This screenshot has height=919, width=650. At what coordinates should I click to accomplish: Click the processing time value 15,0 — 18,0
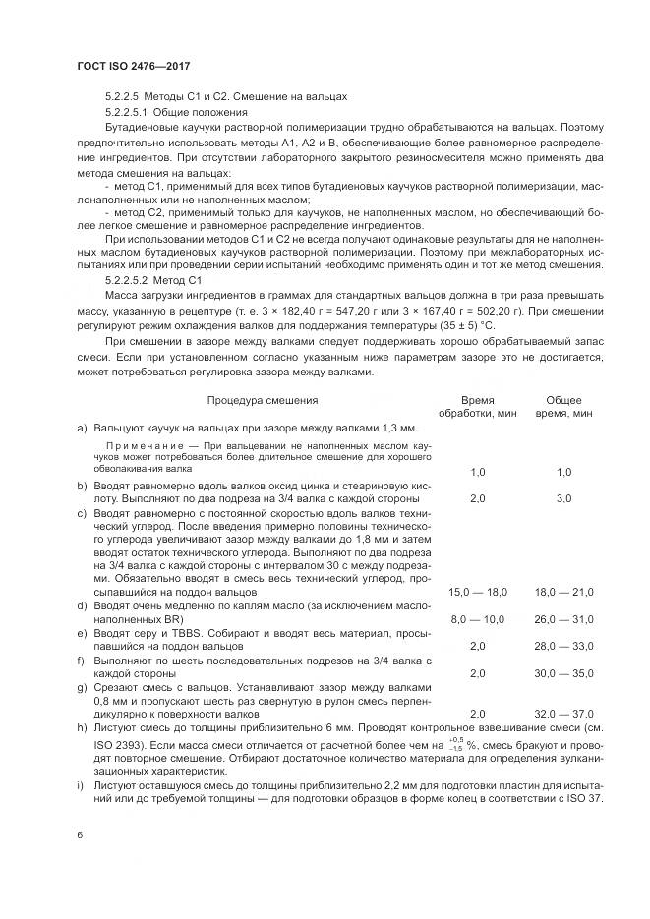tap(478, 592)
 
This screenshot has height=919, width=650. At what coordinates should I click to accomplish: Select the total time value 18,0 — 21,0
tap(563, 592)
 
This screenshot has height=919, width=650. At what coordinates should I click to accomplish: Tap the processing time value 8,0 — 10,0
tap(478, 619)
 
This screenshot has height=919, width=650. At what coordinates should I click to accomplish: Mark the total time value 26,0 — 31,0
tap(563, 619)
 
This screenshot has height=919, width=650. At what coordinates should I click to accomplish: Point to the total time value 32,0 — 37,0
tap(563, 714)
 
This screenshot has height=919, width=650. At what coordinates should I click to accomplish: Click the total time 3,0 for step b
tap(563, 498)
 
